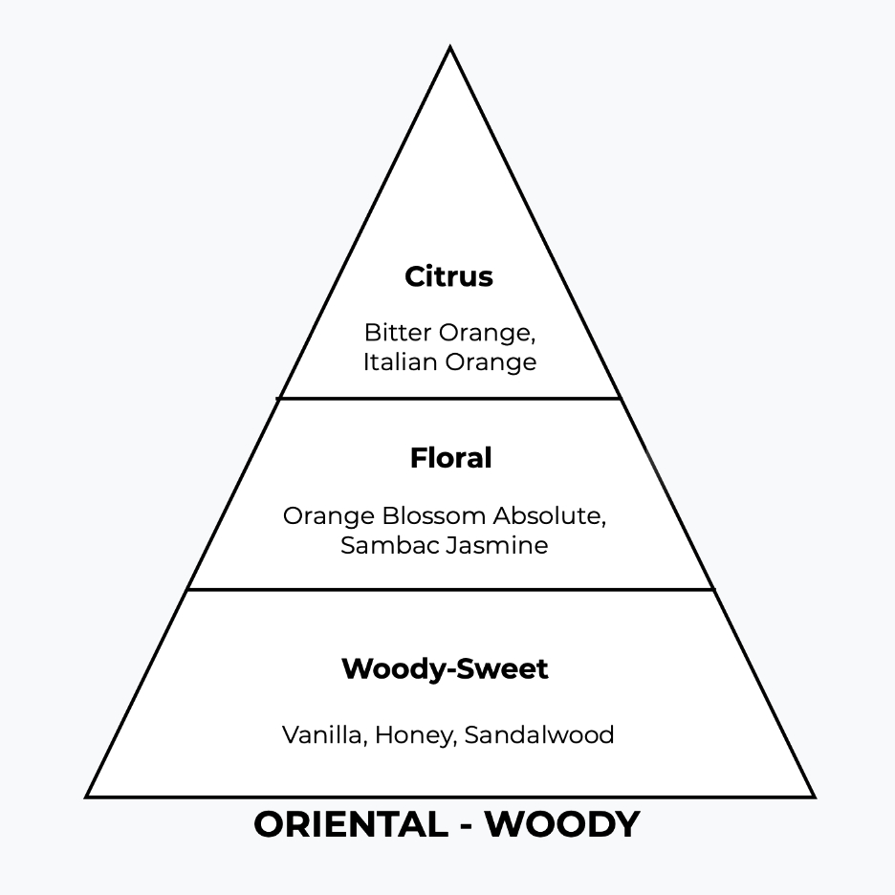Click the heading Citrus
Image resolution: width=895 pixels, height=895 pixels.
[448, 276]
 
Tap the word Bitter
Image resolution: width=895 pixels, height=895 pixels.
[398, 333]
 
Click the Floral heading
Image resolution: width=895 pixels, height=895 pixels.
[450, 458]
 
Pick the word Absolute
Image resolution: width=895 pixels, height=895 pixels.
[550, 515]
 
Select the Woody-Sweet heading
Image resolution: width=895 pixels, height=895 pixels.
[445, 668]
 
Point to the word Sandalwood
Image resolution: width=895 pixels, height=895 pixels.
[539, 734]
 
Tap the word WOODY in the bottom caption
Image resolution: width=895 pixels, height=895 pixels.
[562, 824]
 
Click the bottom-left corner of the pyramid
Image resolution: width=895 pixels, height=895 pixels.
[88, 796]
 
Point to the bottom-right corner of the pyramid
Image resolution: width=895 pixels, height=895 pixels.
[813, 796]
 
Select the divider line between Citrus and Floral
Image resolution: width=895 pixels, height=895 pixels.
[449, 398]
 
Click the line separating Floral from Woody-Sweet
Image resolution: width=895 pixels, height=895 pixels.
[449, 589]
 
